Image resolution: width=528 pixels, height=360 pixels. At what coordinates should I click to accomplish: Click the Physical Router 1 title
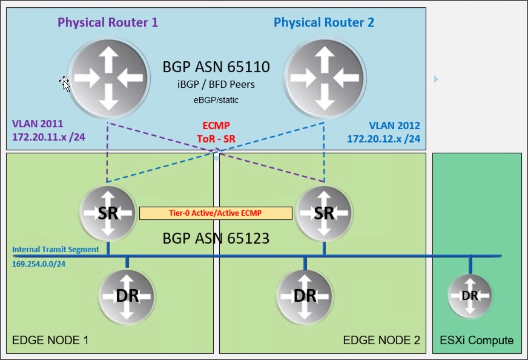108,22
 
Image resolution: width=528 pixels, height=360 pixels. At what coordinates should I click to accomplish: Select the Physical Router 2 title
324,22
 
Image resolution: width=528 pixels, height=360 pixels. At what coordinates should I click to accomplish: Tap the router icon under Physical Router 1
108,78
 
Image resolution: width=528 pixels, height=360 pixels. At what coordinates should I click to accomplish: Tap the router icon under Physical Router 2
324,78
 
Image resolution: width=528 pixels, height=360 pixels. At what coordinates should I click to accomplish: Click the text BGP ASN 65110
216,67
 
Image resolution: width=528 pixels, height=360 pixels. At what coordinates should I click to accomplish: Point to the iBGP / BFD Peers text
216,85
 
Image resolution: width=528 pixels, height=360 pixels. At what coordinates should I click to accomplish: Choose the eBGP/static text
216,100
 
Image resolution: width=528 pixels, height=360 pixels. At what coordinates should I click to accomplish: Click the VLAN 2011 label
37,124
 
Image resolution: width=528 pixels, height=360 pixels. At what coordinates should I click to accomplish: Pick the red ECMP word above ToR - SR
216,125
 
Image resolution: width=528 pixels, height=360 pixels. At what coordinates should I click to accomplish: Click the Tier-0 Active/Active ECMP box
216,213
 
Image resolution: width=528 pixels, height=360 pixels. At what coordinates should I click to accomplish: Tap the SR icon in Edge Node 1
108,213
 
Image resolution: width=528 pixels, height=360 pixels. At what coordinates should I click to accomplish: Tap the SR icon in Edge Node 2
324,213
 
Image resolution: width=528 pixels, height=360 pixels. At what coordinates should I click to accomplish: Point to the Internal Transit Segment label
55,249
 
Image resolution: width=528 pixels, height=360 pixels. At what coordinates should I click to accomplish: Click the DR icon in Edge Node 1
126,296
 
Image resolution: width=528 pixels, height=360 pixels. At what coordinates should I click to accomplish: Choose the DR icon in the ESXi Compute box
470,296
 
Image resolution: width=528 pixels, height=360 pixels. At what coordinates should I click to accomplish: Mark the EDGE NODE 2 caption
381,340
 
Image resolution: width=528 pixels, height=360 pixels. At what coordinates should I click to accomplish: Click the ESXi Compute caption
477,340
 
